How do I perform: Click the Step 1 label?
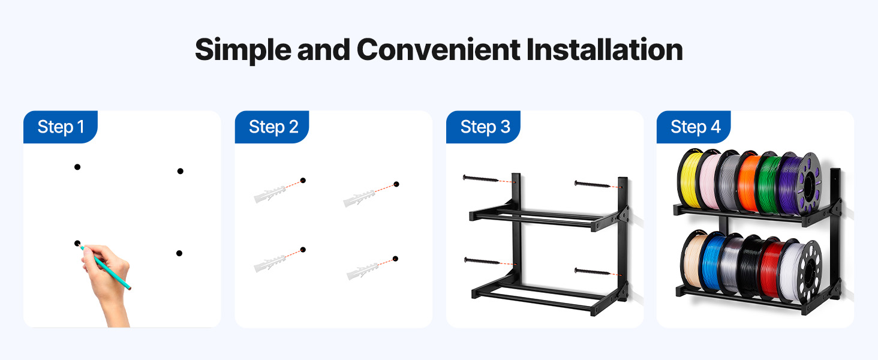tap(61, 127)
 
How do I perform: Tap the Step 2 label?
tap(273, 127)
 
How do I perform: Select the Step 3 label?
tap(485, 127)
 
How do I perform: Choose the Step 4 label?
tap(695, 127)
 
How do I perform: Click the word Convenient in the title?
tap(438, 50)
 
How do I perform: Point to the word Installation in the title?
tap(605, 50)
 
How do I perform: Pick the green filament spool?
tap(767, 184)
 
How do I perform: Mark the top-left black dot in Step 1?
tap(77, 167)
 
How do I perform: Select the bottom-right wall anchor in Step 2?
tap(363, 271)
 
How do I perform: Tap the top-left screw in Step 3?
tap(481, 179)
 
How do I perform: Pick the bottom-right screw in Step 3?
tap(593, 271)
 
